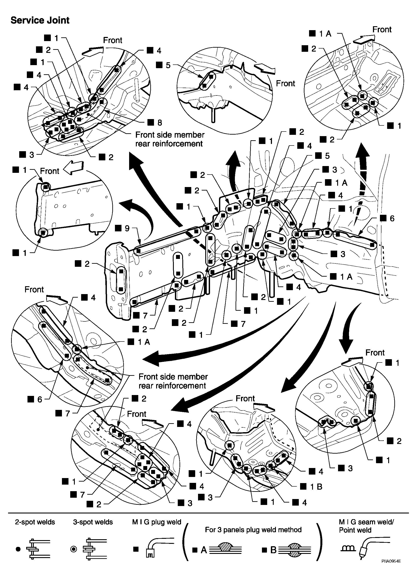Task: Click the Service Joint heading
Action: click(x=40, y=20)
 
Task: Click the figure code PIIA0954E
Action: click(x=391, y=568)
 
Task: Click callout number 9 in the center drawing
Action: click(x=127, y=229)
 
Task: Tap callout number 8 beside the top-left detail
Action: click(x=160, y=123)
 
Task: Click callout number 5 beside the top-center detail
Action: click(x=168, y=65)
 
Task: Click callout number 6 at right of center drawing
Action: click(x=392, y=218)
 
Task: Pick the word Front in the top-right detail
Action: click(x=382, y=30)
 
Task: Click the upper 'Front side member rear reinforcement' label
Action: click(x=169, y=139)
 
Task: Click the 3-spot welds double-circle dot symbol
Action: click(x=73, y=549)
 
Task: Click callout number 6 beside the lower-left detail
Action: click(x=40, y=400)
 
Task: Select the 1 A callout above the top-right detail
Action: click(x=325, y=34)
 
